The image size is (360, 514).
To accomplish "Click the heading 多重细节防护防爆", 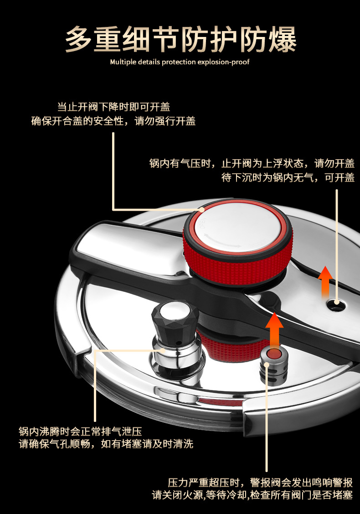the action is (180, 39).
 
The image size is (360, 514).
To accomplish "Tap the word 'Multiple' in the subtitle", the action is (123, 62).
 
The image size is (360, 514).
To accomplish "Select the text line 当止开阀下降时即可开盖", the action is (113, 107).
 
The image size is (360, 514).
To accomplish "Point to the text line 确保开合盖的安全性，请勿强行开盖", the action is (113, 121).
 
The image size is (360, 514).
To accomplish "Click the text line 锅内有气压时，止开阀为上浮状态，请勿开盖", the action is (252, 163).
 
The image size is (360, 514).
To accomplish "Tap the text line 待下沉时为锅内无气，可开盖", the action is (288, 178).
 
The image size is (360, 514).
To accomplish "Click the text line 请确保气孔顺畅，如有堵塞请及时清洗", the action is (106, 444).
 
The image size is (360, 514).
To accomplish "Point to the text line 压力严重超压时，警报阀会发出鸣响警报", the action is (260, 483).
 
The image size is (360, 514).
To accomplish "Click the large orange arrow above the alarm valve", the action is (274, 327).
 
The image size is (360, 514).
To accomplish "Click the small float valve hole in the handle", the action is (336, 302).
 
